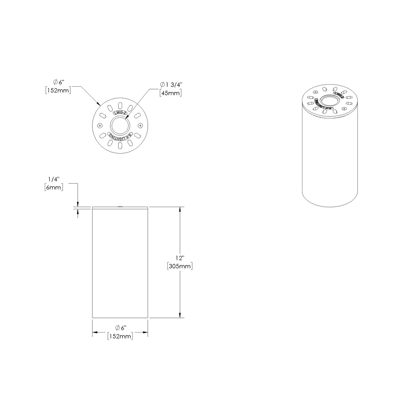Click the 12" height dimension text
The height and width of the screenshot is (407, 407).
[x=179, y=258]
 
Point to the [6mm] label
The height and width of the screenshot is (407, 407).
[x=53, y=188]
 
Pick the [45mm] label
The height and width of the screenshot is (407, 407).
[x=170, y=93]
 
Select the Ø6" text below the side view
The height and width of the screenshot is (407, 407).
[x=121, y=328]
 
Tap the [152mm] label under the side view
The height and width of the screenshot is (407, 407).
[x=120, y=336]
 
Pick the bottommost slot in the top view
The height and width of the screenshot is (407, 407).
[x=120, y=146]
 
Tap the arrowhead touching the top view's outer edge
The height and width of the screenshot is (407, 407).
[x=99, y=104]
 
